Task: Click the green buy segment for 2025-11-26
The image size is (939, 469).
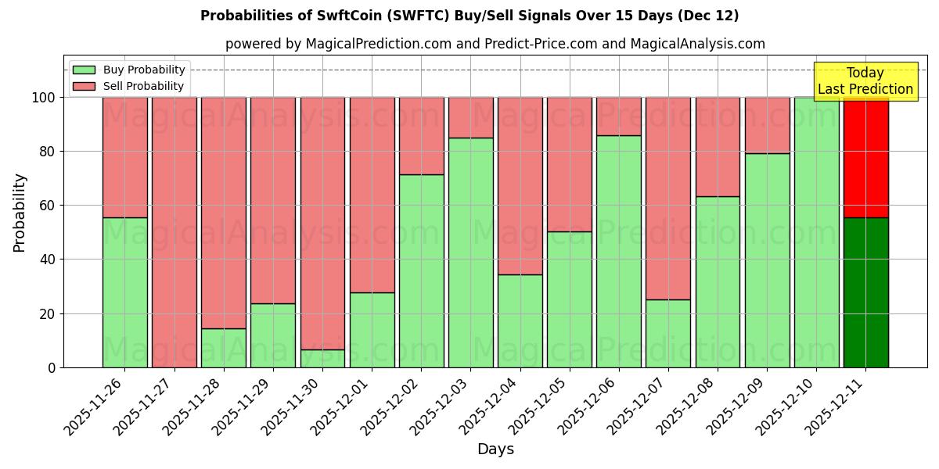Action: [124, 292]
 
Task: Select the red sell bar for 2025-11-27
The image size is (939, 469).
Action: [174, 232]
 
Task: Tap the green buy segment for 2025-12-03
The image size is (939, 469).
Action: [470, 252]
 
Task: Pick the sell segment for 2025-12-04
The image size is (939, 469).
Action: [520, 185]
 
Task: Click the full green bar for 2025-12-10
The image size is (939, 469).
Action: [816, 232]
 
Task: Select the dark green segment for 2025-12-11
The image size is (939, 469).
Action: [865, 292]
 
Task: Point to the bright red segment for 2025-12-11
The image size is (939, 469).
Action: [865, 157]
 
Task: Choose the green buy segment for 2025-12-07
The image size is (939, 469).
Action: [668, 334]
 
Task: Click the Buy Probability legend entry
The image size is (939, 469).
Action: [129, 70]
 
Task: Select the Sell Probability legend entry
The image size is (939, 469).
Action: [129, 86]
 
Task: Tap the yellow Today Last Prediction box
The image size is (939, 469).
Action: [865, 81]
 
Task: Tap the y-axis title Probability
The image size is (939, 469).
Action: [20, 213]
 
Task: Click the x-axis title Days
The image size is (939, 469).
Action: [495, 449]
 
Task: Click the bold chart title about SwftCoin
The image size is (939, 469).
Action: [469, 16]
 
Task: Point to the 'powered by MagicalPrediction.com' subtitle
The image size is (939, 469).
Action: [495, 44]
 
